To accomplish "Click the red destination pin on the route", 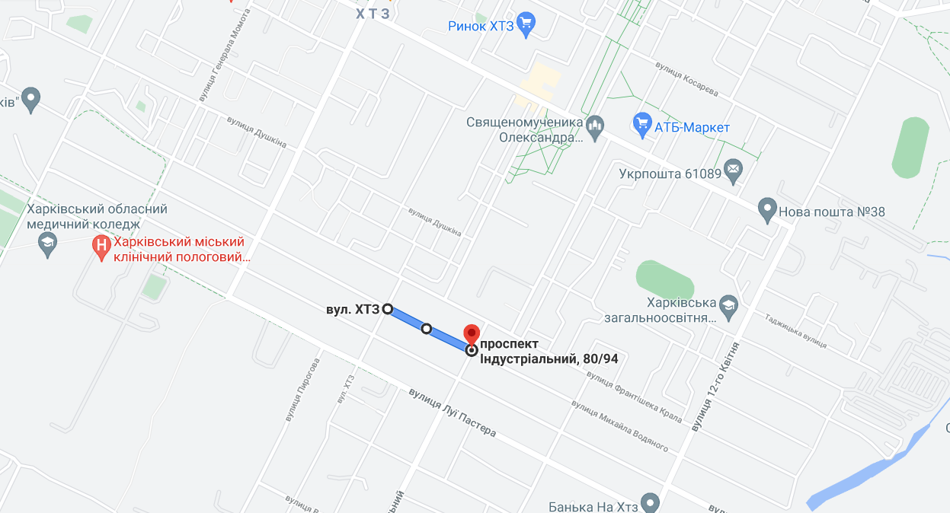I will [x=472, y=333].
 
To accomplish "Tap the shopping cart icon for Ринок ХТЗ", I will [x=526, y=25].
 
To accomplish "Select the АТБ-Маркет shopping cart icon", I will [x=641, y=123].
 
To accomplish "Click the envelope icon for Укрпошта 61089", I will [x=734, y=173].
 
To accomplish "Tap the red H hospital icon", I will [x=101, y=245].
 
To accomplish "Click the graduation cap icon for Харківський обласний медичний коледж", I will [x=48, y=244].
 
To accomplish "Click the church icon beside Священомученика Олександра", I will [x=596, y=124].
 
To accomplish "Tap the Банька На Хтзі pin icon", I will [x=650, y=502].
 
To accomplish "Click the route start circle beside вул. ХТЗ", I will [x=387, y=309].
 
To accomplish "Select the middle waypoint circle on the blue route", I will [x=427, y=329].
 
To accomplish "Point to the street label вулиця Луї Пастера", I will [x=452, y=412].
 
